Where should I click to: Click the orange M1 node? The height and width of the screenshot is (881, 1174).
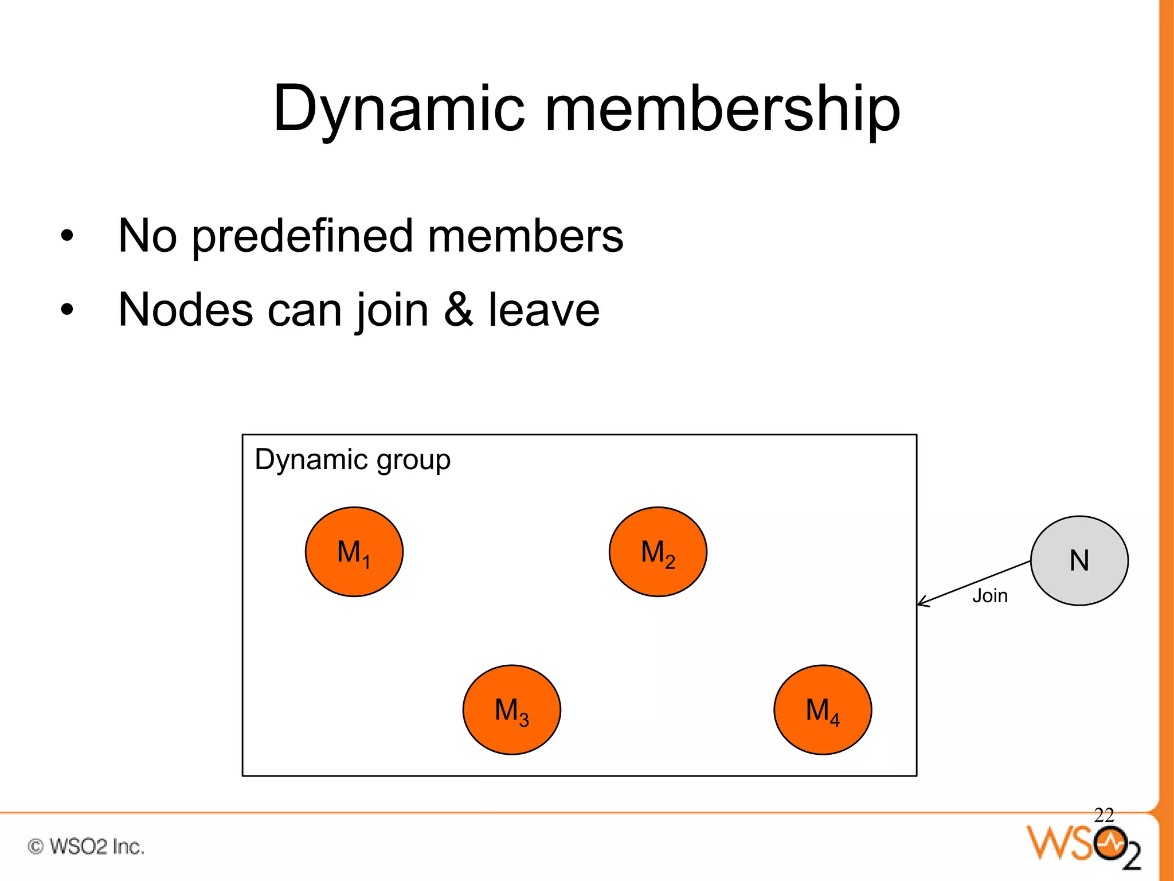(354, 552)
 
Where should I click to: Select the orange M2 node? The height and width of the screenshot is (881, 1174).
(658, 552)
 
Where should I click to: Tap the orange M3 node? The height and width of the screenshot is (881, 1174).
(511, 710)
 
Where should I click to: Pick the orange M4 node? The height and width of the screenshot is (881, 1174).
(823, 710)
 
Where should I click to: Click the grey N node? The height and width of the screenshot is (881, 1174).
(1079, 560)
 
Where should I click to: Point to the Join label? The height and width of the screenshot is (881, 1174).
(990, 596)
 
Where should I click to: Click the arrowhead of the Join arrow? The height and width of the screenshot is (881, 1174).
(921, 603)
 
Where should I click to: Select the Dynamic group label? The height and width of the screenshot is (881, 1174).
(353, 460)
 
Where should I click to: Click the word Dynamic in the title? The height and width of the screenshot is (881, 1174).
(399, 109)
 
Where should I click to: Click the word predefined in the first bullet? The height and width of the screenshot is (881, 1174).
(302, 236)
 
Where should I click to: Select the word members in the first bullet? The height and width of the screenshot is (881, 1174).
(525, 236)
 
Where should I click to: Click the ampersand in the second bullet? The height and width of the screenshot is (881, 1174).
(459, 310)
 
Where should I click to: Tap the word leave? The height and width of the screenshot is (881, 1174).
(543, 310)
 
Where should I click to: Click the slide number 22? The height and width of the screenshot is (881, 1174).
(1103, 815)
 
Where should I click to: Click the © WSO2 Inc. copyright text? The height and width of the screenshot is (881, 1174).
(86, 847)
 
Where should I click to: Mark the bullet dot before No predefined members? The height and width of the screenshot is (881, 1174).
(67, 236)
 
